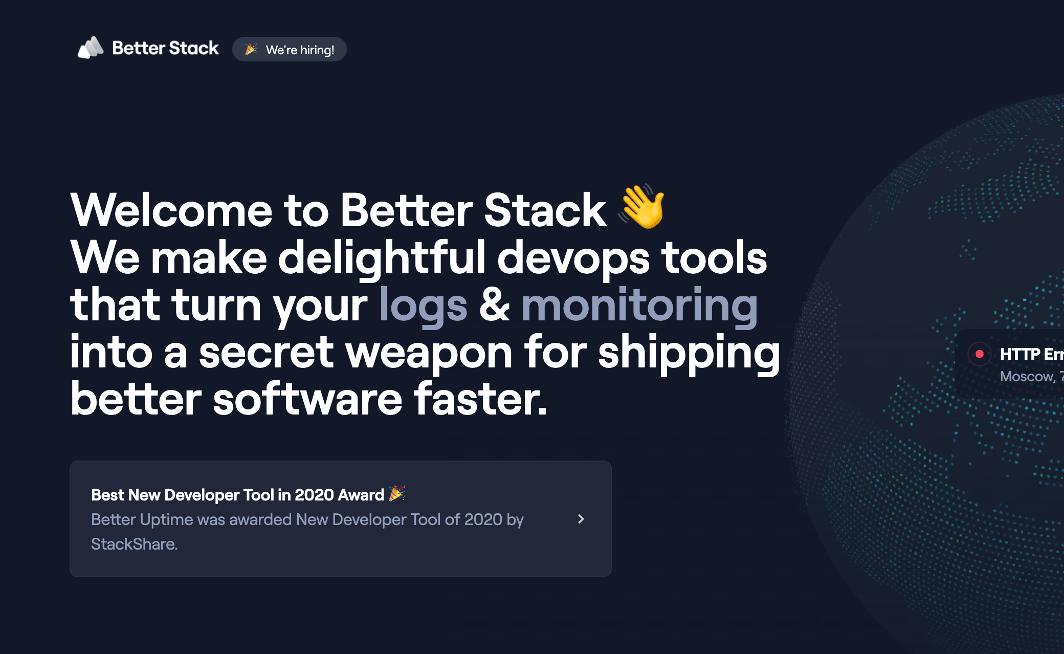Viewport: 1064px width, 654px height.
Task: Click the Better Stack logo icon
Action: tap(90, 48)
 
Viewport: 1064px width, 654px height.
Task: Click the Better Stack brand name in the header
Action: tap(165, 48)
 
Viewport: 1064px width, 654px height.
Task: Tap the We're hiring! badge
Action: tap(290, 50)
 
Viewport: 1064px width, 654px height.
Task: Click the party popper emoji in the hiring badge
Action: tap(251, 50)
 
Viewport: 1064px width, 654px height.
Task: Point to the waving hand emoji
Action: tap(642, 206)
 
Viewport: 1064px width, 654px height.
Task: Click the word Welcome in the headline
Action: tap(171, 210)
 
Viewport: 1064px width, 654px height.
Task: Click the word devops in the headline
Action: tap(573, 258)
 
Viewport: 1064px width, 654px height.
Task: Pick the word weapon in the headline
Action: tap(429, 353)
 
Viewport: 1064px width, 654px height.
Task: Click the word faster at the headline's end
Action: tap(480, 400)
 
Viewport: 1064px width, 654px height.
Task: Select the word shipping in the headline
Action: tap(689, 353)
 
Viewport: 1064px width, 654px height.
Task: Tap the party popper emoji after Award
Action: tap(397, 493)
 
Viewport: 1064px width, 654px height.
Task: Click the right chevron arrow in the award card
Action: tap(581, 519)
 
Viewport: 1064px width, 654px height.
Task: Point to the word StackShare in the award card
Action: tap(134, 544)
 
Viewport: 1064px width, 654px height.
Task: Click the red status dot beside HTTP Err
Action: tap(980, 354)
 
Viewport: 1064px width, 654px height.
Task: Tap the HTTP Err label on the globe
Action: tap(1031, 354)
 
